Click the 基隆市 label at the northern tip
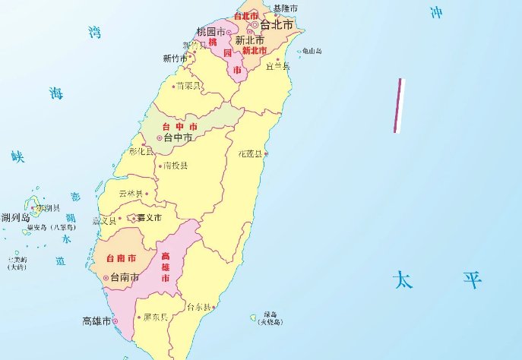(285, 8)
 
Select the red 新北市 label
(255, 51)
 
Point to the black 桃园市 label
(210, 32)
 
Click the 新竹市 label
(176, 58)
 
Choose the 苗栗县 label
(188, 86)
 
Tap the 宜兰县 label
(279, 66)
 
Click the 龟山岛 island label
(312, 52)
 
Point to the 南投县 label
(176, 165)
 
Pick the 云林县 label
(131, 194)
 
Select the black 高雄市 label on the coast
(97, 321)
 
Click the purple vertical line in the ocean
(399, 106)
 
